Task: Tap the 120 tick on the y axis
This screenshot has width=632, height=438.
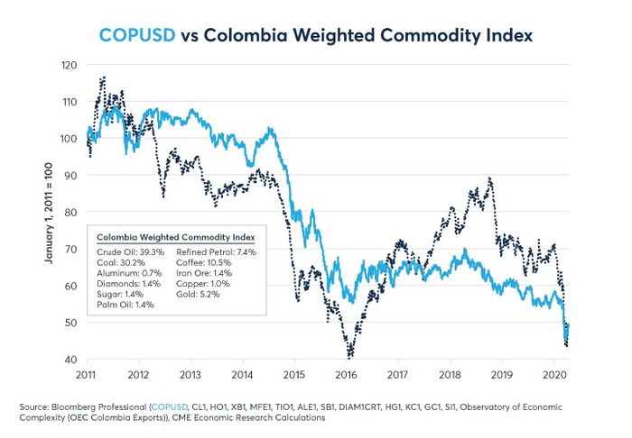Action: pyautogui.click(x=70, y=65)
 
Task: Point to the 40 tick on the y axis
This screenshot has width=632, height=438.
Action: pyautogui.click(x=71, y=360)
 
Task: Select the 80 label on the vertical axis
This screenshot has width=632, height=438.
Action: pyautogui.click(x=71, y=213)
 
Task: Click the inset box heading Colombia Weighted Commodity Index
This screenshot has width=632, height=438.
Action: pyautogui.click(x=176, y=237)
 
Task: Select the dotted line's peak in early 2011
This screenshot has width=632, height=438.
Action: pyautogui.click(x=104, y=78)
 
